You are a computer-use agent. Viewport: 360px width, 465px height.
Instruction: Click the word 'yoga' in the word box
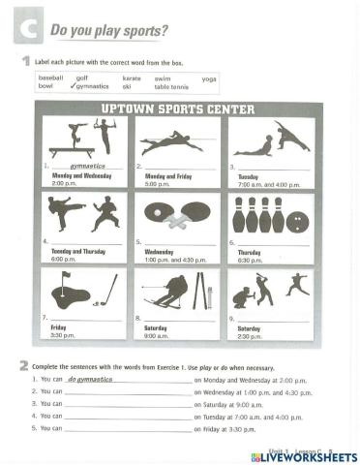pos(209,77)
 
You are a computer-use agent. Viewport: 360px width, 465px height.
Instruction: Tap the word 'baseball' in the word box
pos(49,77)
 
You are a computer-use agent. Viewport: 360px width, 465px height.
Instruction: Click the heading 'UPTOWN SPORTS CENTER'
pos(179,109)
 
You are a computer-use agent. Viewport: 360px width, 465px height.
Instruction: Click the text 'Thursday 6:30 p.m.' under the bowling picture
pos(250,257)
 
